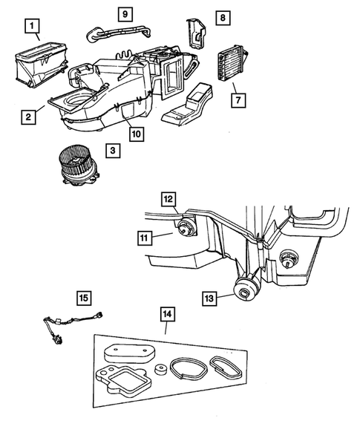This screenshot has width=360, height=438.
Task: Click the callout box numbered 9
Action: click(x=125, y=13)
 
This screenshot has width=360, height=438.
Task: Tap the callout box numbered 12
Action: click(x=169, y=199)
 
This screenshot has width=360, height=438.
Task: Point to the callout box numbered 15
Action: click(x=84, y=298)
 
